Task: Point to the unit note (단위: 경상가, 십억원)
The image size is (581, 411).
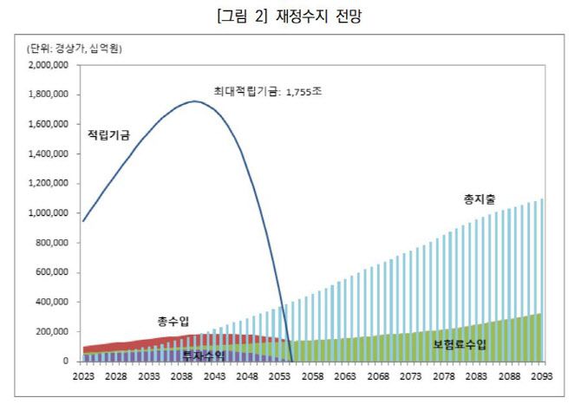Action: click(73, 49)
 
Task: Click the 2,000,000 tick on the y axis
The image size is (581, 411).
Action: click(49, 65)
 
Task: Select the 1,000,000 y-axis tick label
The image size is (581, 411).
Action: click(49, 213)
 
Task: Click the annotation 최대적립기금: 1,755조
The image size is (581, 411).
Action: click(268, 90)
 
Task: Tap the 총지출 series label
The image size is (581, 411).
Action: click(478, 200)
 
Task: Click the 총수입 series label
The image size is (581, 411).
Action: click(173, 321)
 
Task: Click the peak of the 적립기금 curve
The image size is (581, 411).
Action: click(195, 101)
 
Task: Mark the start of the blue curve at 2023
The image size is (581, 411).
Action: click(82, 221)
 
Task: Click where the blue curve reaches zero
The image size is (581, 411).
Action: click(292, 361)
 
